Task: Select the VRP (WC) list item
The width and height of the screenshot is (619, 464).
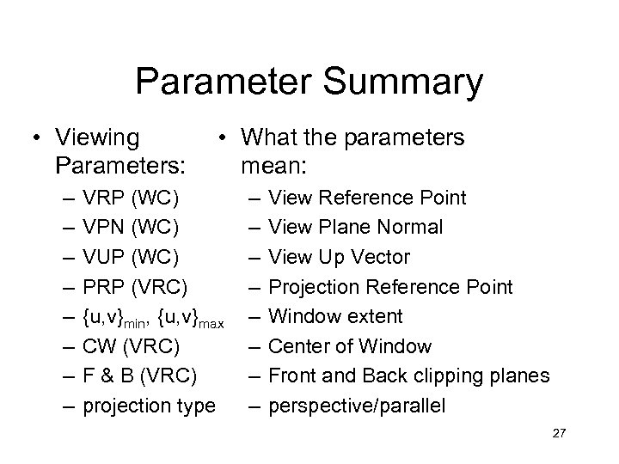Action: [131, 198]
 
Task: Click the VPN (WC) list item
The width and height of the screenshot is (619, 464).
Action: [131, 228]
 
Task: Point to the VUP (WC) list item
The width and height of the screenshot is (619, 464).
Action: [131, 257]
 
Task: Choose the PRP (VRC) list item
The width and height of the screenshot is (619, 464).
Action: [136, 287]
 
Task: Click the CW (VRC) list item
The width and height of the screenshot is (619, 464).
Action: [131, 346]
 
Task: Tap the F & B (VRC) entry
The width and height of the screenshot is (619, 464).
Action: [138, 375]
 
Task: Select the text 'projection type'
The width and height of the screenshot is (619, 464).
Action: [148, 406]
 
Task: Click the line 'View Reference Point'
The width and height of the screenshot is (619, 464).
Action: [367, 198]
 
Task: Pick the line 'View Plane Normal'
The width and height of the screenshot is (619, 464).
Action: [356, 228]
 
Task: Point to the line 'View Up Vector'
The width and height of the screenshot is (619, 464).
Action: [340, 257]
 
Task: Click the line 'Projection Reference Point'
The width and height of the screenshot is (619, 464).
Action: [390, 287]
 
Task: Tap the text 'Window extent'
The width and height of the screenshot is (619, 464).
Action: [335, 316]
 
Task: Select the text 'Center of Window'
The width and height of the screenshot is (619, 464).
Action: [350, 346]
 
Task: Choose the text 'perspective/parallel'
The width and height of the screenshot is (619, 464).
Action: [357, 406]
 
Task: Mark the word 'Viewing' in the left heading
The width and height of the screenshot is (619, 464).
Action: [98, 137]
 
